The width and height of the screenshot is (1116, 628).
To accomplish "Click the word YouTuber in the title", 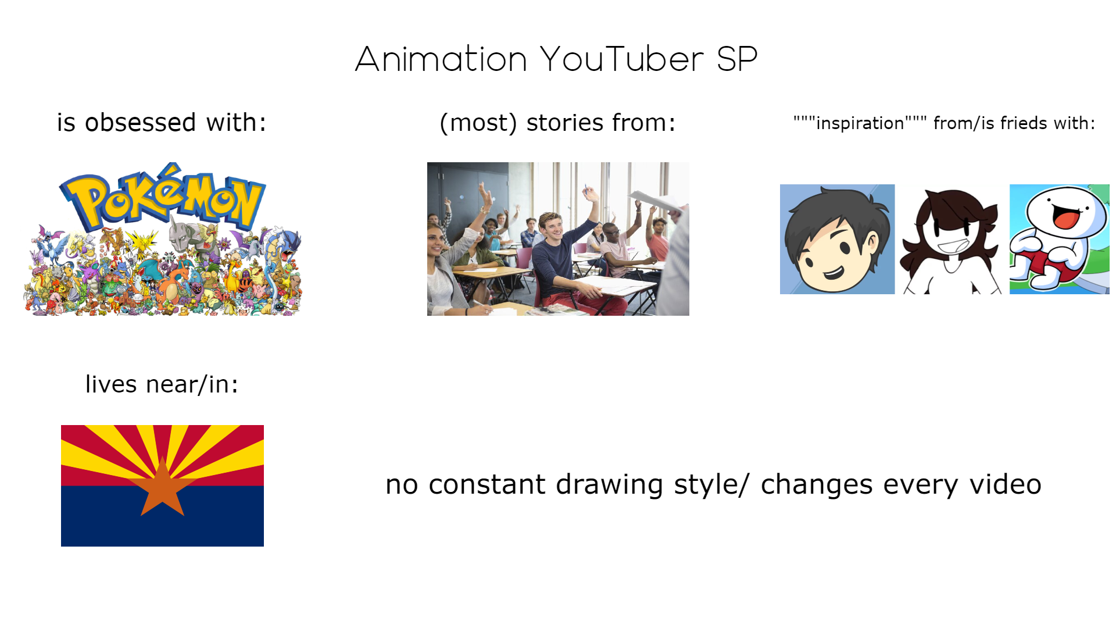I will pyautogui.click(x=622, y=59).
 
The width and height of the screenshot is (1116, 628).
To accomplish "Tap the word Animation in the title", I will pyautogui.click(x=441, y=59).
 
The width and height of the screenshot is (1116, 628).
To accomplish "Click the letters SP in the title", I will pyautogui.click(x=736, y=59).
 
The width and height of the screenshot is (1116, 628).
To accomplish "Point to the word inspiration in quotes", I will pyautogui.click(x=860, y=123).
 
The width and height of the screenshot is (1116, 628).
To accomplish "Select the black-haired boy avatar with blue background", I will pyautogui.click(x=837, y=239).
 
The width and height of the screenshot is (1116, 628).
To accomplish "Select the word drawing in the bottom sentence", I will pyautogui.click(x=609, y=484).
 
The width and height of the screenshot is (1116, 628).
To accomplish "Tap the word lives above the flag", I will pyautogui.click(x=111, y=384).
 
